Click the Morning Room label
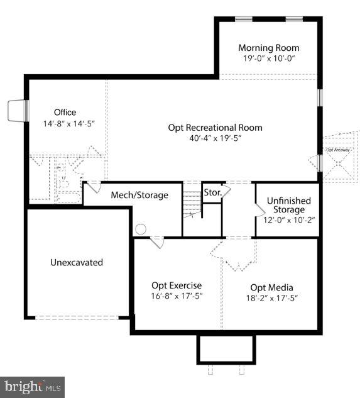point(268,48)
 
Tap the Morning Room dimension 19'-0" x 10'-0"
point(268,58)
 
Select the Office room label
point(65,113)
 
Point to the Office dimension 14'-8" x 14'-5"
point(65,124)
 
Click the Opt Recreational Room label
point(215,128)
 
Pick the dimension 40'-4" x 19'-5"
point(215,138)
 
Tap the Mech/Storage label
point(139,195)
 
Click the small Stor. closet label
point(211,191)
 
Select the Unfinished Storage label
point(288,205)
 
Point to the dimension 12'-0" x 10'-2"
point(288,220)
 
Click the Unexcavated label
point(77,262)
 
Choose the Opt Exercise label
point(177,285)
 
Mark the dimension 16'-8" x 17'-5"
point(177,296)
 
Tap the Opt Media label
point(271,287)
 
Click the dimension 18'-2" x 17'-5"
point(271,298)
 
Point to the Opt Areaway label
point(337,150)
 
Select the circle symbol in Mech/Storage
point(141,229)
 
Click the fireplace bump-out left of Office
point(17,112)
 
